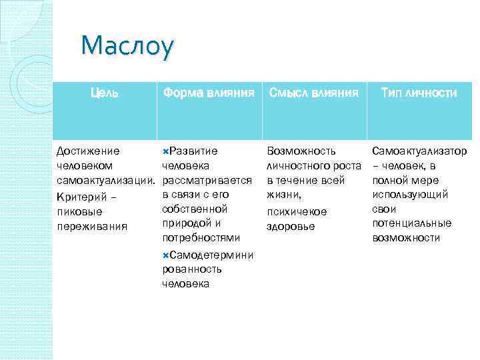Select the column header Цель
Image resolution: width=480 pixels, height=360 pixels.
coord(105,93)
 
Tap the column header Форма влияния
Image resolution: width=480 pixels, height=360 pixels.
coord(209,93)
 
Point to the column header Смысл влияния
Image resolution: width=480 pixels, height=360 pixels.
coord(314,93)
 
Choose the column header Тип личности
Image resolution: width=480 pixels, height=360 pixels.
coord(419,93)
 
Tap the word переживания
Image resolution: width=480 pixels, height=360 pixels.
coord(87,226)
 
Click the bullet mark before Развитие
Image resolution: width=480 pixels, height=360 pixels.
coord(165,151)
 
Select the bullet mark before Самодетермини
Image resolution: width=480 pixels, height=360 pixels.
coord(165,255)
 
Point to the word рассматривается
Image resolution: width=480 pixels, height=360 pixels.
coord(207,180)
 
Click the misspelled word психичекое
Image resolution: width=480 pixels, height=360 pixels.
coord(296,211)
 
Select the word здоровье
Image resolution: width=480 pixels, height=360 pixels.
coord(289,226)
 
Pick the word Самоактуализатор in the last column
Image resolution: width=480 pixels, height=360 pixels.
coord(419,151)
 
